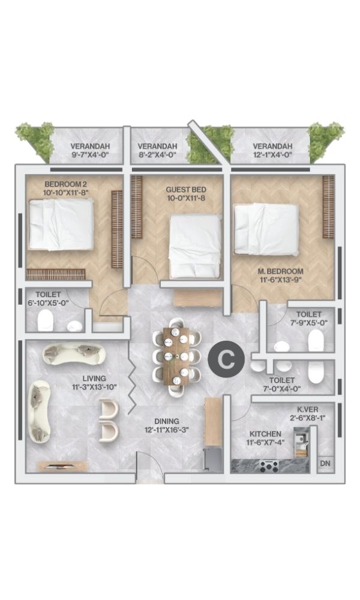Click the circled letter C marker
pos(226,359)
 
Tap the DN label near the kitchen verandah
pos(325,463)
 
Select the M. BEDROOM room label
pos(280,271)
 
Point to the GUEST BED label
pos(186,190)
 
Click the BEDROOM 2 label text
pos(64,184)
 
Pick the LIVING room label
pos(94,379)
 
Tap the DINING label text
pos(167,421)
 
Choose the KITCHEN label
pos(266,434)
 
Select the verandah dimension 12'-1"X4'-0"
pos(272,155)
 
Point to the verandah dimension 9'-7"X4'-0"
pos(90,155)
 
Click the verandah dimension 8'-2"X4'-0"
pos(157,155)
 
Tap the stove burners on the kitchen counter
pos(269,466)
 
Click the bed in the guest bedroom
pos(195,246)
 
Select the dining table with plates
pos(176,356)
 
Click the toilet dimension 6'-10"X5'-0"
pos(48,302)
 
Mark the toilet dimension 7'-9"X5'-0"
pos(309,322)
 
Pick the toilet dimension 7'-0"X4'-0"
pos(282,389)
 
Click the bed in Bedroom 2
pos(61,224)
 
